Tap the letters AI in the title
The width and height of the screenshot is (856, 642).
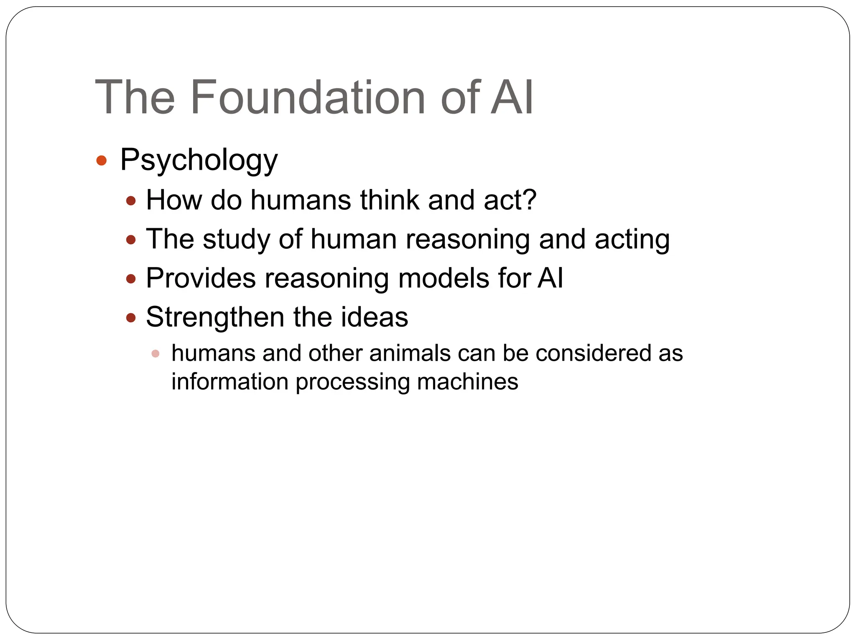point(512,97)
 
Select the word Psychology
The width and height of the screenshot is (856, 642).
point(199,160)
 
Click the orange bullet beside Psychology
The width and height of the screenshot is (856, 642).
point(102,160)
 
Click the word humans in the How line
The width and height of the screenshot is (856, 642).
point(301,200)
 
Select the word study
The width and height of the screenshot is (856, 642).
point(236,239)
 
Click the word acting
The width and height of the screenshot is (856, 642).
point(632,239)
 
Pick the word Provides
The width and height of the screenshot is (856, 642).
point(201,278)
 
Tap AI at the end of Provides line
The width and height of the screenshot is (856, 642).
point(550,278)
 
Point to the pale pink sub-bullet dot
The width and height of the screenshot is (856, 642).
point(155,354)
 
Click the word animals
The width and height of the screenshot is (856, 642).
point(410,353)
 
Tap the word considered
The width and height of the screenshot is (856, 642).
point(594,353)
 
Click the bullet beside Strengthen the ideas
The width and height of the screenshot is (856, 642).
point(131,318)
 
